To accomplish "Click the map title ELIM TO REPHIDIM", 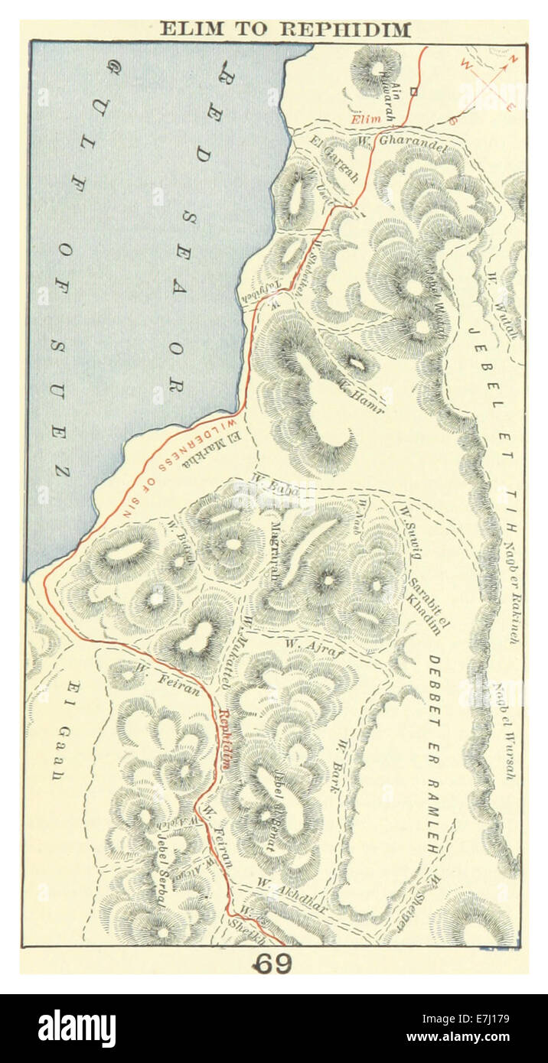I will [x=285, y=30].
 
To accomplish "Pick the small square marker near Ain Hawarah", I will [x=414, y=91].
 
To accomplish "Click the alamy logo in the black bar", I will [x=77, y=1029].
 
